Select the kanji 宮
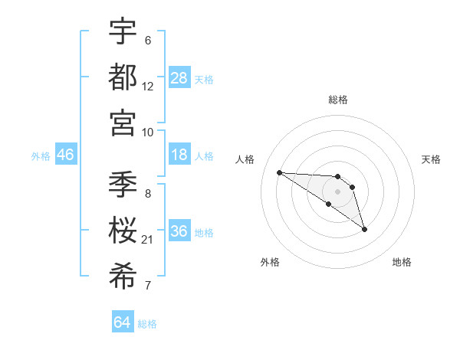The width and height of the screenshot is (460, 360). (x=123, y=122)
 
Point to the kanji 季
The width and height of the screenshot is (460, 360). (x=123, y=185)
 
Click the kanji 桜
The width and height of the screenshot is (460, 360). (x=123, y=230)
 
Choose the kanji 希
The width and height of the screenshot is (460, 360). (x=123, y=276)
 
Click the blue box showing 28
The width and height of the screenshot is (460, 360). (x=179, y=78)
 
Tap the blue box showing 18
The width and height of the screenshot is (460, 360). (x=179, y=155)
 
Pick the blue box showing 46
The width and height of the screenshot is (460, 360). (x=66, y=155)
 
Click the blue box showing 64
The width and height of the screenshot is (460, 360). (x=123, y=323)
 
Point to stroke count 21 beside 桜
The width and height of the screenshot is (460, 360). (x=148, y=241)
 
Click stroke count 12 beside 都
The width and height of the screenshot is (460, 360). (x=148, y=87)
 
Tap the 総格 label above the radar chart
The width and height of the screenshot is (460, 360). (x=338, y=100)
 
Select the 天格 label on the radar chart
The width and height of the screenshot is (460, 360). (x=432, y=159)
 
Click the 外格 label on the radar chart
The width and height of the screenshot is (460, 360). (x=270, y=262)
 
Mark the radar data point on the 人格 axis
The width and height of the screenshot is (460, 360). (x=279, y=172)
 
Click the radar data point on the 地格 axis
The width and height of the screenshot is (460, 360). (x=365, y=229)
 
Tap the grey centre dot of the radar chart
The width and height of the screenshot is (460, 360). (x=338, y=191)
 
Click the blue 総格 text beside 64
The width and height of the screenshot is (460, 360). (x=147, y=324)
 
